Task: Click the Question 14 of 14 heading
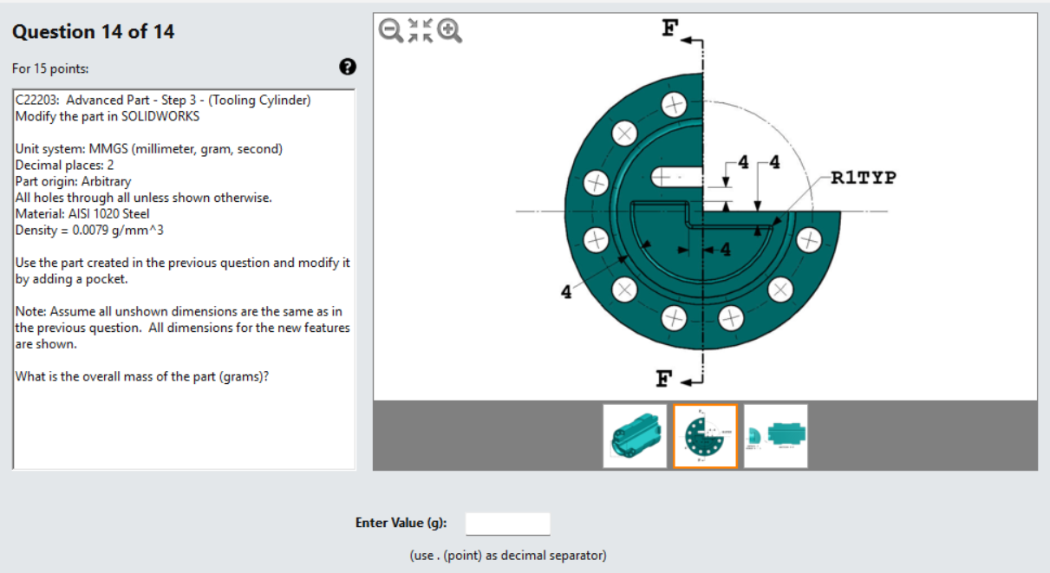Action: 93,32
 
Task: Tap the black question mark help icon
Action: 347,67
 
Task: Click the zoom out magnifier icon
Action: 391,30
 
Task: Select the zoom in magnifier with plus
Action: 449,30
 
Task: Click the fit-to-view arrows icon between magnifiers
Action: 420,30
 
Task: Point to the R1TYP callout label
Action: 863,179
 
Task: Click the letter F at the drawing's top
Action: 669,29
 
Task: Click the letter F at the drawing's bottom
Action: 664,378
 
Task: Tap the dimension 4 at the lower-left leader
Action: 566,292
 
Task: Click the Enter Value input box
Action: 507,524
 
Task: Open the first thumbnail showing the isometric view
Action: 635,436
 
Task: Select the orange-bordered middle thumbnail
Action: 705,436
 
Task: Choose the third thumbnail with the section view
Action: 775,436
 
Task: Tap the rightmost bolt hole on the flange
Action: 808,239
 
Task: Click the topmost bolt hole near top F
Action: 674,106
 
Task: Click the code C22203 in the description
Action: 36,100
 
